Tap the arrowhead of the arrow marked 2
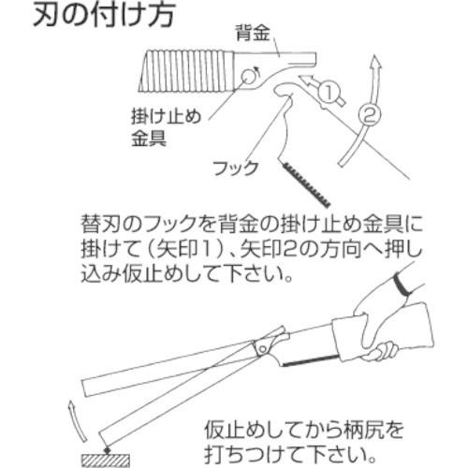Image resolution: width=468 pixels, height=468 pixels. tap(377, 63)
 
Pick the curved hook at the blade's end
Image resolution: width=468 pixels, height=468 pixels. tap(285, 90)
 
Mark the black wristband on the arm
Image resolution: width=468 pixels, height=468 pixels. tap(405, 283)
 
